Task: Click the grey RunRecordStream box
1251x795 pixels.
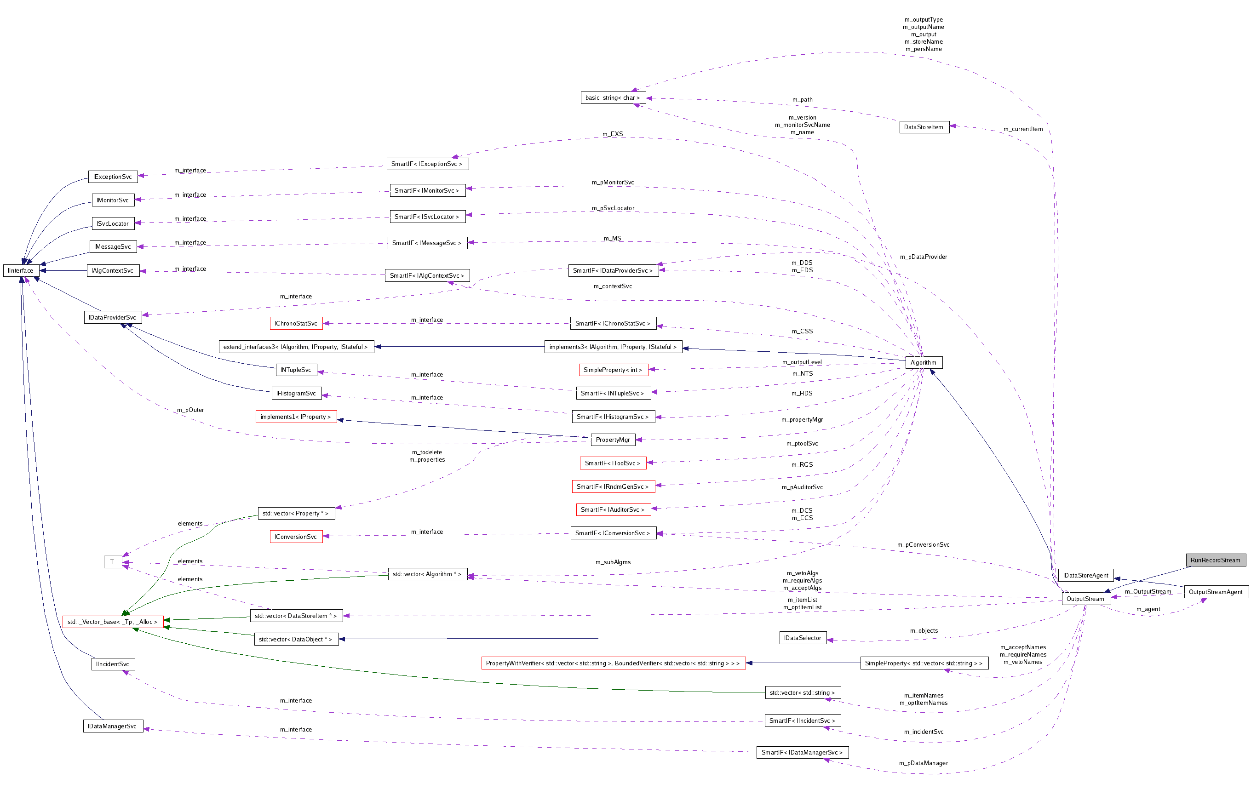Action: (1215, 560)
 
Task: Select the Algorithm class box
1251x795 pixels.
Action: (923, 362)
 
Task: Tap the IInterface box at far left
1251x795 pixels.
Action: (21, 270)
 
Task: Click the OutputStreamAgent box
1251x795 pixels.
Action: (1215, 591)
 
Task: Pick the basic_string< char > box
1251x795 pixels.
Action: (613, 97)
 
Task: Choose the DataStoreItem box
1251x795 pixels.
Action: (923, 127)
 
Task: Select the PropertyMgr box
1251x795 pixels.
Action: (613, 440)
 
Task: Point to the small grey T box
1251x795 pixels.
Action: (112, 562)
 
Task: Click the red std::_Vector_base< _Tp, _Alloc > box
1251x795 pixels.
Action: (112, 622)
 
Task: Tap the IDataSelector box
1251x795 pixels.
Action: (802, 638)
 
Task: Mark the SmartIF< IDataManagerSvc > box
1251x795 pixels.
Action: (802, 752)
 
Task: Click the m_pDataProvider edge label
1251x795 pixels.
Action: (923, 257)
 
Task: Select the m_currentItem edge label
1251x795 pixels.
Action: (1022, 129)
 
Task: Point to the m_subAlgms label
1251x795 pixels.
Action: (613, 562)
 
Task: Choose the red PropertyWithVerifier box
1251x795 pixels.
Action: (613, 663)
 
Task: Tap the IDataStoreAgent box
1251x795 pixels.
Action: (1085, 575)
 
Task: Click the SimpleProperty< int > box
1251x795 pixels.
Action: (613, 370)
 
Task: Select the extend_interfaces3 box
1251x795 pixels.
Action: (296, 347)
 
